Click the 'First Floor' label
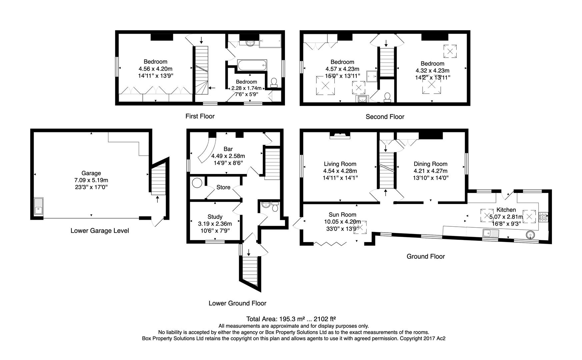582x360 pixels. point(200,116)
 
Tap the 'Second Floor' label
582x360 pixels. point(385,117)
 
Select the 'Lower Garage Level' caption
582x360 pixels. point(100,231)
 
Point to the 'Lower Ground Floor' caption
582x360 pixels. point(237,303)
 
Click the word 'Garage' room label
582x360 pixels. point(91,173)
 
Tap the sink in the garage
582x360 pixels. point(39,206)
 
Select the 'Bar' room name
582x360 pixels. point(228,149)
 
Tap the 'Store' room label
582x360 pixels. point(223,187)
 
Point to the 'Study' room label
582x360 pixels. point(215,217)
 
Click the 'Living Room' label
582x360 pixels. point(340,164)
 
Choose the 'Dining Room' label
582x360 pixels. point(430,164)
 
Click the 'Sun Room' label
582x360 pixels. point(342,215)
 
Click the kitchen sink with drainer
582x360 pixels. point(490,233)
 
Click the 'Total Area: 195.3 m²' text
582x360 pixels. point(293,319)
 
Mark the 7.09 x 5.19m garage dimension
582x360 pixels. point(91,180)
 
